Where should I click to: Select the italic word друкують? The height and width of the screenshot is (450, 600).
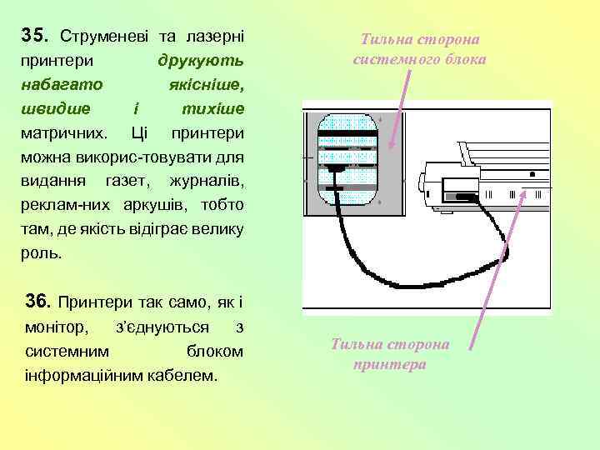pos(200,61)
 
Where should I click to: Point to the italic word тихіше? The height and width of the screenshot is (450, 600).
pos(212,109)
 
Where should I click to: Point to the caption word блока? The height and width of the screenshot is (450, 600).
pos(467,59)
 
